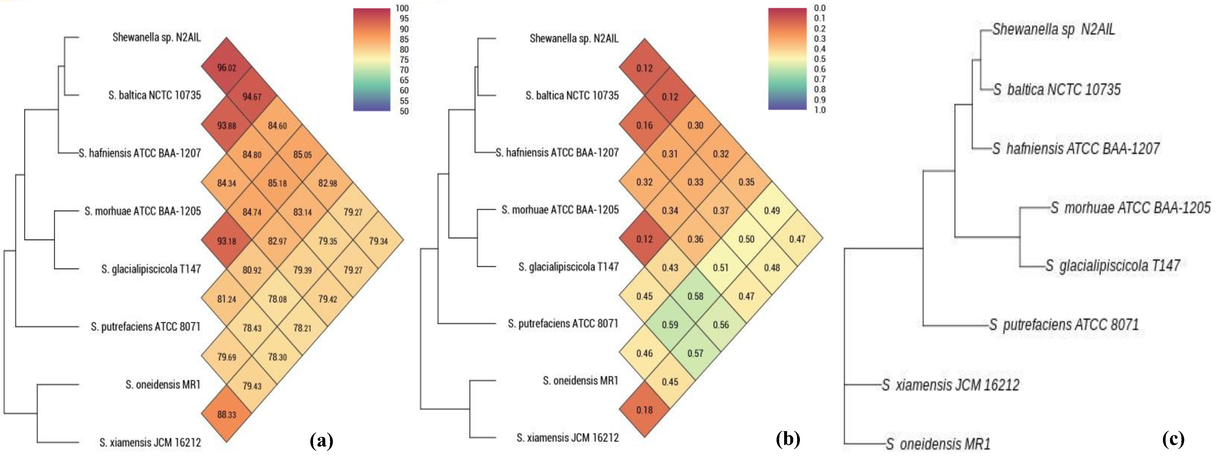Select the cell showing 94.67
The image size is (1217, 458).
[252, 96]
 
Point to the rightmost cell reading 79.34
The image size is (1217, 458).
[378, 241]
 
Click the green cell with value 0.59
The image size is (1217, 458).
[670, 325]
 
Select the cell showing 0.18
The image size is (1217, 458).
[644, 410]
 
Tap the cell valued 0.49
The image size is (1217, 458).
[772, 210]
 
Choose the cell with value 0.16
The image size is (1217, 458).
[644, 125]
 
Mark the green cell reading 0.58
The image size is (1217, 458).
[695, 296]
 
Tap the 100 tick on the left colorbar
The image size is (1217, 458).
[402, 8]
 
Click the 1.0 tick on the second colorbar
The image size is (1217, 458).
[820, 110]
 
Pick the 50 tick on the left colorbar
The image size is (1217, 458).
[404, 111]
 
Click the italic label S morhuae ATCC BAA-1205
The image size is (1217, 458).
[1130, 208]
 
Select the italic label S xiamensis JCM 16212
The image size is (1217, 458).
[950, 385]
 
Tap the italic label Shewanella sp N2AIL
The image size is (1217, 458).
[1054, 29]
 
